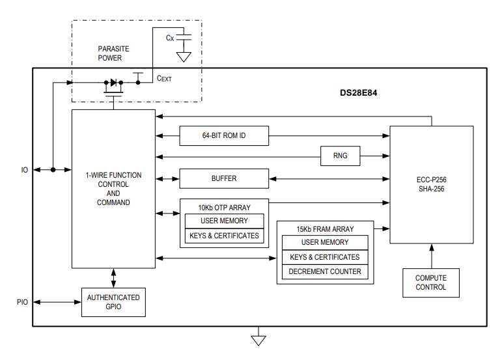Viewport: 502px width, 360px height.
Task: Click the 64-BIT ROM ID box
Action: coord(223,135)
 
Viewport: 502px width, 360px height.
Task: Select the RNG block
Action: coord(340,156)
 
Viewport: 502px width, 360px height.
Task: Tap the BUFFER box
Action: coord(223,178)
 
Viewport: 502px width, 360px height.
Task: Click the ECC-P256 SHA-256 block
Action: coord(431,184)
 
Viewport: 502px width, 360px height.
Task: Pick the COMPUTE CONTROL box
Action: coord(430,283)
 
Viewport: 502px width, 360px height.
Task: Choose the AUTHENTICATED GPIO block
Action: coord(113,302)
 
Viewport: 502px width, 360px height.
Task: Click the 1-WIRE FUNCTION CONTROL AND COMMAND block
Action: coord(113,189)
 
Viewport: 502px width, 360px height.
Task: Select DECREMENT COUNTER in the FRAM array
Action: coord(325,271)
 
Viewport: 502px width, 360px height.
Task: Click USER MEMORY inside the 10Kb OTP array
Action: coord(224,221)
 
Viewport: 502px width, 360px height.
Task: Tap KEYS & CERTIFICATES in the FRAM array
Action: coord(325,257)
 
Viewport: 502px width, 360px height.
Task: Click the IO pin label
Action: coord(24,170)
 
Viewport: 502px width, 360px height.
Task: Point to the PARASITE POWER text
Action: coord(113,53)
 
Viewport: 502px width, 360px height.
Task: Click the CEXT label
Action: coord(164,79)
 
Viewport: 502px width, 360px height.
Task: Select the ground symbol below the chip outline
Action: coord(259,339)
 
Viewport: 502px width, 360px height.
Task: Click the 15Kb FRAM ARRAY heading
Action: coord(325,229)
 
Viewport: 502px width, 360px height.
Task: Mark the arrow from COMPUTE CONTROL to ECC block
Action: coord(430,256)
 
